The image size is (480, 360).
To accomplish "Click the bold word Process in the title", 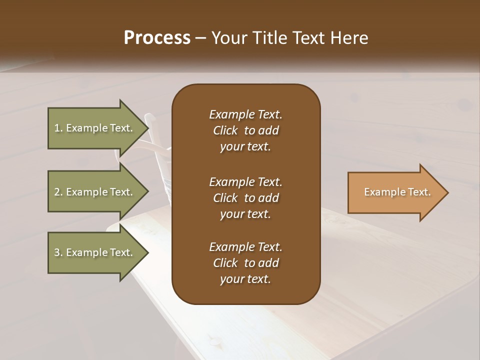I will (x=157, y=38).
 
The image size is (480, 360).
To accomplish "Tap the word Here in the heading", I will (x=348, y=38).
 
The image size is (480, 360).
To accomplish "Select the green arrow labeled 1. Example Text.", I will (x=95, y=128).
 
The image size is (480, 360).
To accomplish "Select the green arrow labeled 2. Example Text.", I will (x=95, y=192).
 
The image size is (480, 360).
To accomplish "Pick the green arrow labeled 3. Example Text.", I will (x=95, y=252).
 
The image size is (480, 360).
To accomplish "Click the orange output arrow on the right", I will (x=395, y=192).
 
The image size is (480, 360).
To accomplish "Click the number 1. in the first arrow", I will (x=58, y=128).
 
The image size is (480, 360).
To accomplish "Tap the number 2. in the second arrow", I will (x=58, y=192).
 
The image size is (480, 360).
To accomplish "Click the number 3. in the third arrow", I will (x=58, y=252).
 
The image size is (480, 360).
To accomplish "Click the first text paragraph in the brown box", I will (x=245, y=130).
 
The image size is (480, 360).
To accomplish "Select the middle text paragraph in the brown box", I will (x=245, y=197).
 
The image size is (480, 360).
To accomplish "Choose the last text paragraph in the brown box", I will (x=245, y=263).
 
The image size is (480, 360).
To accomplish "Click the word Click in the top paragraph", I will (x=225, y=130).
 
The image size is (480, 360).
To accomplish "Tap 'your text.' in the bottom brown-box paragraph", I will (x=245, y=279).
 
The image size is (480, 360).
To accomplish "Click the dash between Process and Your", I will (x=200, y=38).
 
